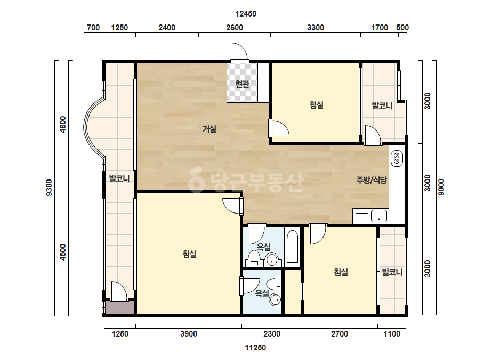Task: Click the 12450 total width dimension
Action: tap(246, 14)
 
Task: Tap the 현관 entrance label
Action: tap(242, 84)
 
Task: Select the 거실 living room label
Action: tap(209, 128)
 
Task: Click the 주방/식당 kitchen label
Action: tap(372, 180)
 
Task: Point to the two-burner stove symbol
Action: tap(397, 158)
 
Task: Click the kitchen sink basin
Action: tap(378, 216)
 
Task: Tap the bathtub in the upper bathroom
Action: tap(293, 247)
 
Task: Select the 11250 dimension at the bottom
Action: tap(255, 347)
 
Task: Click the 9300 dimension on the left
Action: tap(49, 188)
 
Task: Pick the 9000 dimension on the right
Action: tap(441, 187)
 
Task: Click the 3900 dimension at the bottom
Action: tap(189, 334)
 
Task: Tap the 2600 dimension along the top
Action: tap(235, 28)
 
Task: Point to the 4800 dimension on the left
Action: tap(63, 125)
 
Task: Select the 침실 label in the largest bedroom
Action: tap(190, 253)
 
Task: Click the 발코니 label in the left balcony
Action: tap(119, 178)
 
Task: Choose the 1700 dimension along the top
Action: tap(380, 28)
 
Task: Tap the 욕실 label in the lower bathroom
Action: tap(262, 293)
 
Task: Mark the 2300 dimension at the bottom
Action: tap(272, 334)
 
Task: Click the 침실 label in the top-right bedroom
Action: tap(316, 105)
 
